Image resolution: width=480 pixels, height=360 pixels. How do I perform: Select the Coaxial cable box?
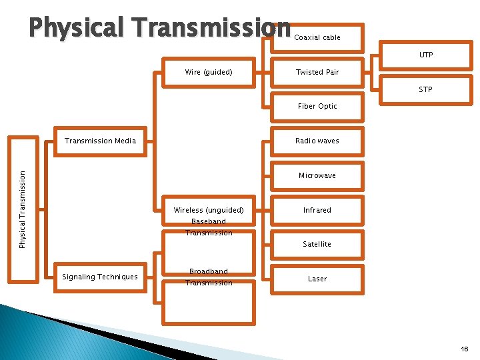pos(317,37)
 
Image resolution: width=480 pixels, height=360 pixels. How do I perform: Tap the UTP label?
pos(426,55)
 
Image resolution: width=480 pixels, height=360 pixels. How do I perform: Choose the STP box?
pos(426,89)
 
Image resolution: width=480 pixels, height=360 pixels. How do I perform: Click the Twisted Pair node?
pos(317,72)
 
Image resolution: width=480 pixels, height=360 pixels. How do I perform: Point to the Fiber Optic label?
pos(317,106)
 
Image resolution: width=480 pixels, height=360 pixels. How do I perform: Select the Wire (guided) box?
pos(209,72)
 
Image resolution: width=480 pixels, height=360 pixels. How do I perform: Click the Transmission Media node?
pos(100,141)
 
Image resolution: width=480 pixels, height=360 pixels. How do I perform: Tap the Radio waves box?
pos(317,141)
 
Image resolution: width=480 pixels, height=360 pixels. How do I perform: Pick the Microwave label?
pos(317,175)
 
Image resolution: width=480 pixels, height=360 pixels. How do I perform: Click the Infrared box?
pos(317,210)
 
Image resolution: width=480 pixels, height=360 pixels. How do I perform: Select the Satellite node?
pos(317,244)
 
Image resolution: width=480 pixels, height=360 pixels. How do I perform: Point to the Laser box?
pos(317,279)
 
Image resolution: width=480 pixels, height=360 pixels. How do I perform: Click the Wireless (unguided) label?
pos(209,210)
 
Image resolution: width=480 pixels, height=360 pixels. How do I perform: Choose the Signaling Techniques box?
pos(100,277)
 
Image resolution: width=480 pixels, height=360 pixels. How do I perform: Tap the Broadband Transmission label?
pos(209,277)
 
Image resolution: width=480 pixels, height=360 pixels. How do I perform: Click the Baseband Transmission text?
pos(209,227)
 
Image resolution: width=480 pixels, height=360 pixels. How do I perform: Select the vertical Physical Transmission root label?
pos(23,209)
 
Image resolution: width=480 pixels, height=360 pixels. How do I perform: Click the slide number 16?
pos(465,349)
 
